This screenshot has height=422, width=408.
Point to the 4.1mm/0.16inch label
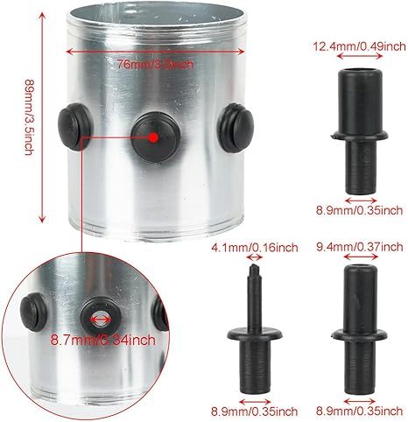(254, 248)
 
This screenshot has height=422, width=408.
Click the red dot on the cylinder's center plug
(151, 137)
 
